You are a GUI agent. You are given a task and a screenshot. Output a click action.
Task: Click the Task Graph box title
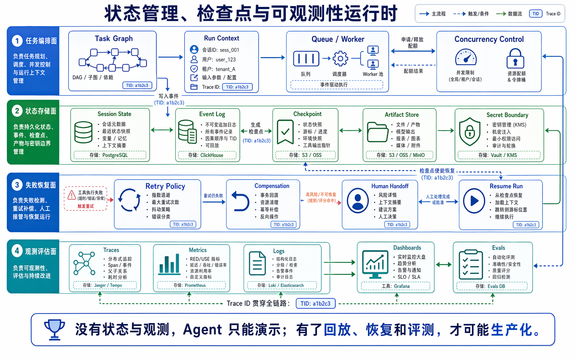click(x=114, y=38)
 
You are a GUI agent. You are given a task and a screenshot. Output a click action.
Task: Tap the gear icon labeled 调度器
click(x=340, y=58)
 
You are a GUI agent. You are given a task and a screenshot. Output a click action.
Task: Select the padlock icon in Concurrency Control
click(x=515, y=58)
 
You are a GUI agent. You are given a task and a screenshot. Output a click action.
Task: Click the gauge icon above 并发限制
click(x=466, y=58)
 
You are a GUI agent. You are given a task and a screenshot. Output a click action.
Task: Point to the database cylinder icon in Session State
click(x=83, y=132)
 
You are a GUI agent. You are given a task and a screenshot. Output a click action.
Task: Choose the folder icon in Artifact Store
click(x=377, y=132)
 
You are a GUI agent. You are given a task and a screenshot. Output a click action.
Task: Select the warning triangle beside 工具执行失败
click(x=72, y=195)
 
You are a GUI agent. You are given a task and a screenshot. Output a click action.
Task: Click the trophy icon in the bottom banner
click(x=54, y=329)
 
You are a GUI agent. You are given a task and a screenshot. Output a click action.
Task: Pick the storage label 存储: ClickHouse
click(x=206, y=155)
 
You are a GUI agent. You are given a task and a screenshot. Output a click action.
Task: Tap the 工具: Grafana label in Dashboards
click(x=395, y=286)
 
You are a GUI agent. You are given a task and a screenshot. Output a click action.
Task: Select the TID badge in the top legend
click(x=536, y=14)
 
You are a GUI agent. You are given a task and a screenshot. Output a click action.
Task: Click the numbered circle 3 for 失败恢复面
click(x=17, y=185)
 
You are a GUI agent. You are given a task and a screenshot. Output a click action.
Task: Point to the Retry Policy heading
click(x=165, y=186)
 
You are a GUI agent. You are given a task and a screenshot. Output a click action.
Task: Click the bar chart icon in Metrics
click(x=169, y=264)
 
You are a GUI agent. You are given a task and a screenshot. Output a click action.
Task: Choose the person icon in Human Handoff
click(x=358, y=200)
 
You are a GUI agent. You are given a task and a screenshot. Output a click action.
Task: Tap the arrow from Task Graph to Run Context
click(x=170, y=57)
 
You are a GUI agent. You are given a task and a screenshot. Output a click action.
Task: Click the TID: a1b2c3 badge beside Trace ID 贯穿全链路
click(x=315, y=303)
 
